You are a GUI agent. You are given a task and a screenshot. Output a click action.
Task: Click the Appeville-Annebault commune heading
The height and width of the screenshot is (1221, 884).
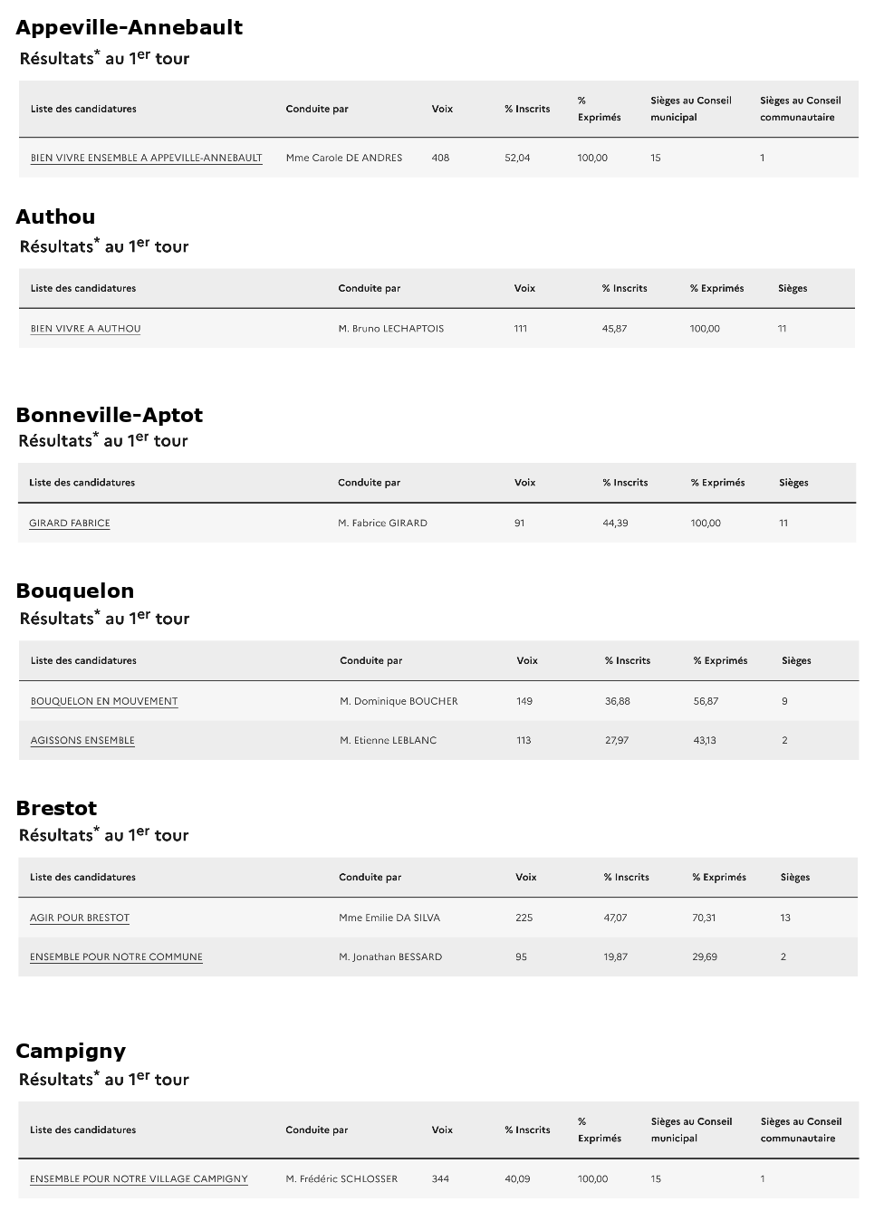pos(129,27)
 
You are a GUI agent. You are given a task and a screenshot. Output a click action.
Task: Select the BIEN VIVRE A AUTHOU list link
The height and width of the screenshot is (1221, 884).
pos(85,329)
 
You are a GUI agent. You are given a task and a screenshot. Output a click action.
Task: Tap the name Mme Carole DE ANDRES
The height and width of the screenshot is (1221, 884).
pos(343,158)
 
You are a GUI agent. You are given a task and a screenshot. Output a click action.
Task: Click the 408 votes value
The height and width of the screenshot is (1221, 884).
pos(440,158)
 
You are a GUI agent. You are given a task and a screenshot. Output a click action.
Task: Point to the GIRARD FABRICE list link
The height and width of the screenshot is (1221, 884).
pos(70,523)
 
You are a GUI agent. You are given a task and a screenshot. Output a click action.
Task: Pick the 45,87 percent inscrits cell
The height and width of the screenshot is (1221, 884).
pos(614,329)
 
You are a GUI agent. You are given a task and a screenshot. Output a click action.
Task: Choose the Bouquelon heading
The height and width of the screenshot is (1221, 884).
pos(75,591)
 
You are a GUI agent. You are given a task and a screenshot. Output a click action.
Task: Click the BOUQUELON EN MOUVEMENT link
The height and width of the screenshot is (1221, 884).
pos(104,701)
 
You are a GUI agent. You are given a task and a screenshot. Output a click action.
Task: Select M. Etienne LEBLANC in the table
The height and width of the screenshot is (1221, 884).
pos(388,740)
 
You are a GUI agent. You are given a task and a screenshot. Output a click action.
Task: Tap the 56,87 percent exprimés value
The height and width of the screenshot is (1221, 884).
pos(706,701)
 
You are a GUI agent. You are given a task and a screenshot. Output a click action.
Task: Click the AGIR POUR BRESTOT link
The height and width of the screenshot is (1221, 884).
pos(80,918)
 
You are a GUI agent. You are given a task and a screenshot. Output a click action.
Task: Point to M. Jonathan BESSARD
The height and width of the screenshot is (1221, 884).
pos(390,957)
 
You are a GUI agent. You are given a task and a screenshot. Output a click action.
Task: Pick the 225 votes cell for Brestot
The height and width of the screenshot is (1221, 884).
pos(524,918)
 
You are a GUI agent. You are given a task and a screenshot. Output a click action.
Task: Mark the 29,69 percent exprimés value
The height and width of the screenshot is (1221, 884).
pos(705,957)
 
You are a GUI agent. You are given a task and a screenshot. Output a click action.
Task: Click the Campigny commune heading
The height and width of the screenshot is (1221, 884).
pos(71,1051)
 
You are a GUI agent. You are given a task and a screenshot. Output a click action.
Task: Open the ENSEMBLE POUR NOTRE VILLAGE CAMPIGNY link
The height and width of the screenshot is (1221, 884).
pos(139,1178)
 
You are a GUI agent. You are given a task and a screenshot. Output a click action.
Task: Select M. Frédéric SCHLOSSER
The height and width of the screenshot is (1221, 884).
pos(341,1178)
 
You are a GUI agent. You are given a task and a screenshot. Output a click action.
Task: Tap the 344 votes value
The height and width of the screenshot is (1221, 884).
pos(440,1178)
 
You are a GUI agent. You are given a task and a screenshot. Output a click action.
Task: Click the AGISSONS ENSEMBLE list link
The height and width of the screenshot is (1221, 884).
pos(82,740)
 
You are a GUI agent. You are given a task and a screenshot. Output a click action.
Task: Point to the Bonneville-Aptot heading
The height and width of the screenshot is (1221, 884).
pos(109,415)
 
